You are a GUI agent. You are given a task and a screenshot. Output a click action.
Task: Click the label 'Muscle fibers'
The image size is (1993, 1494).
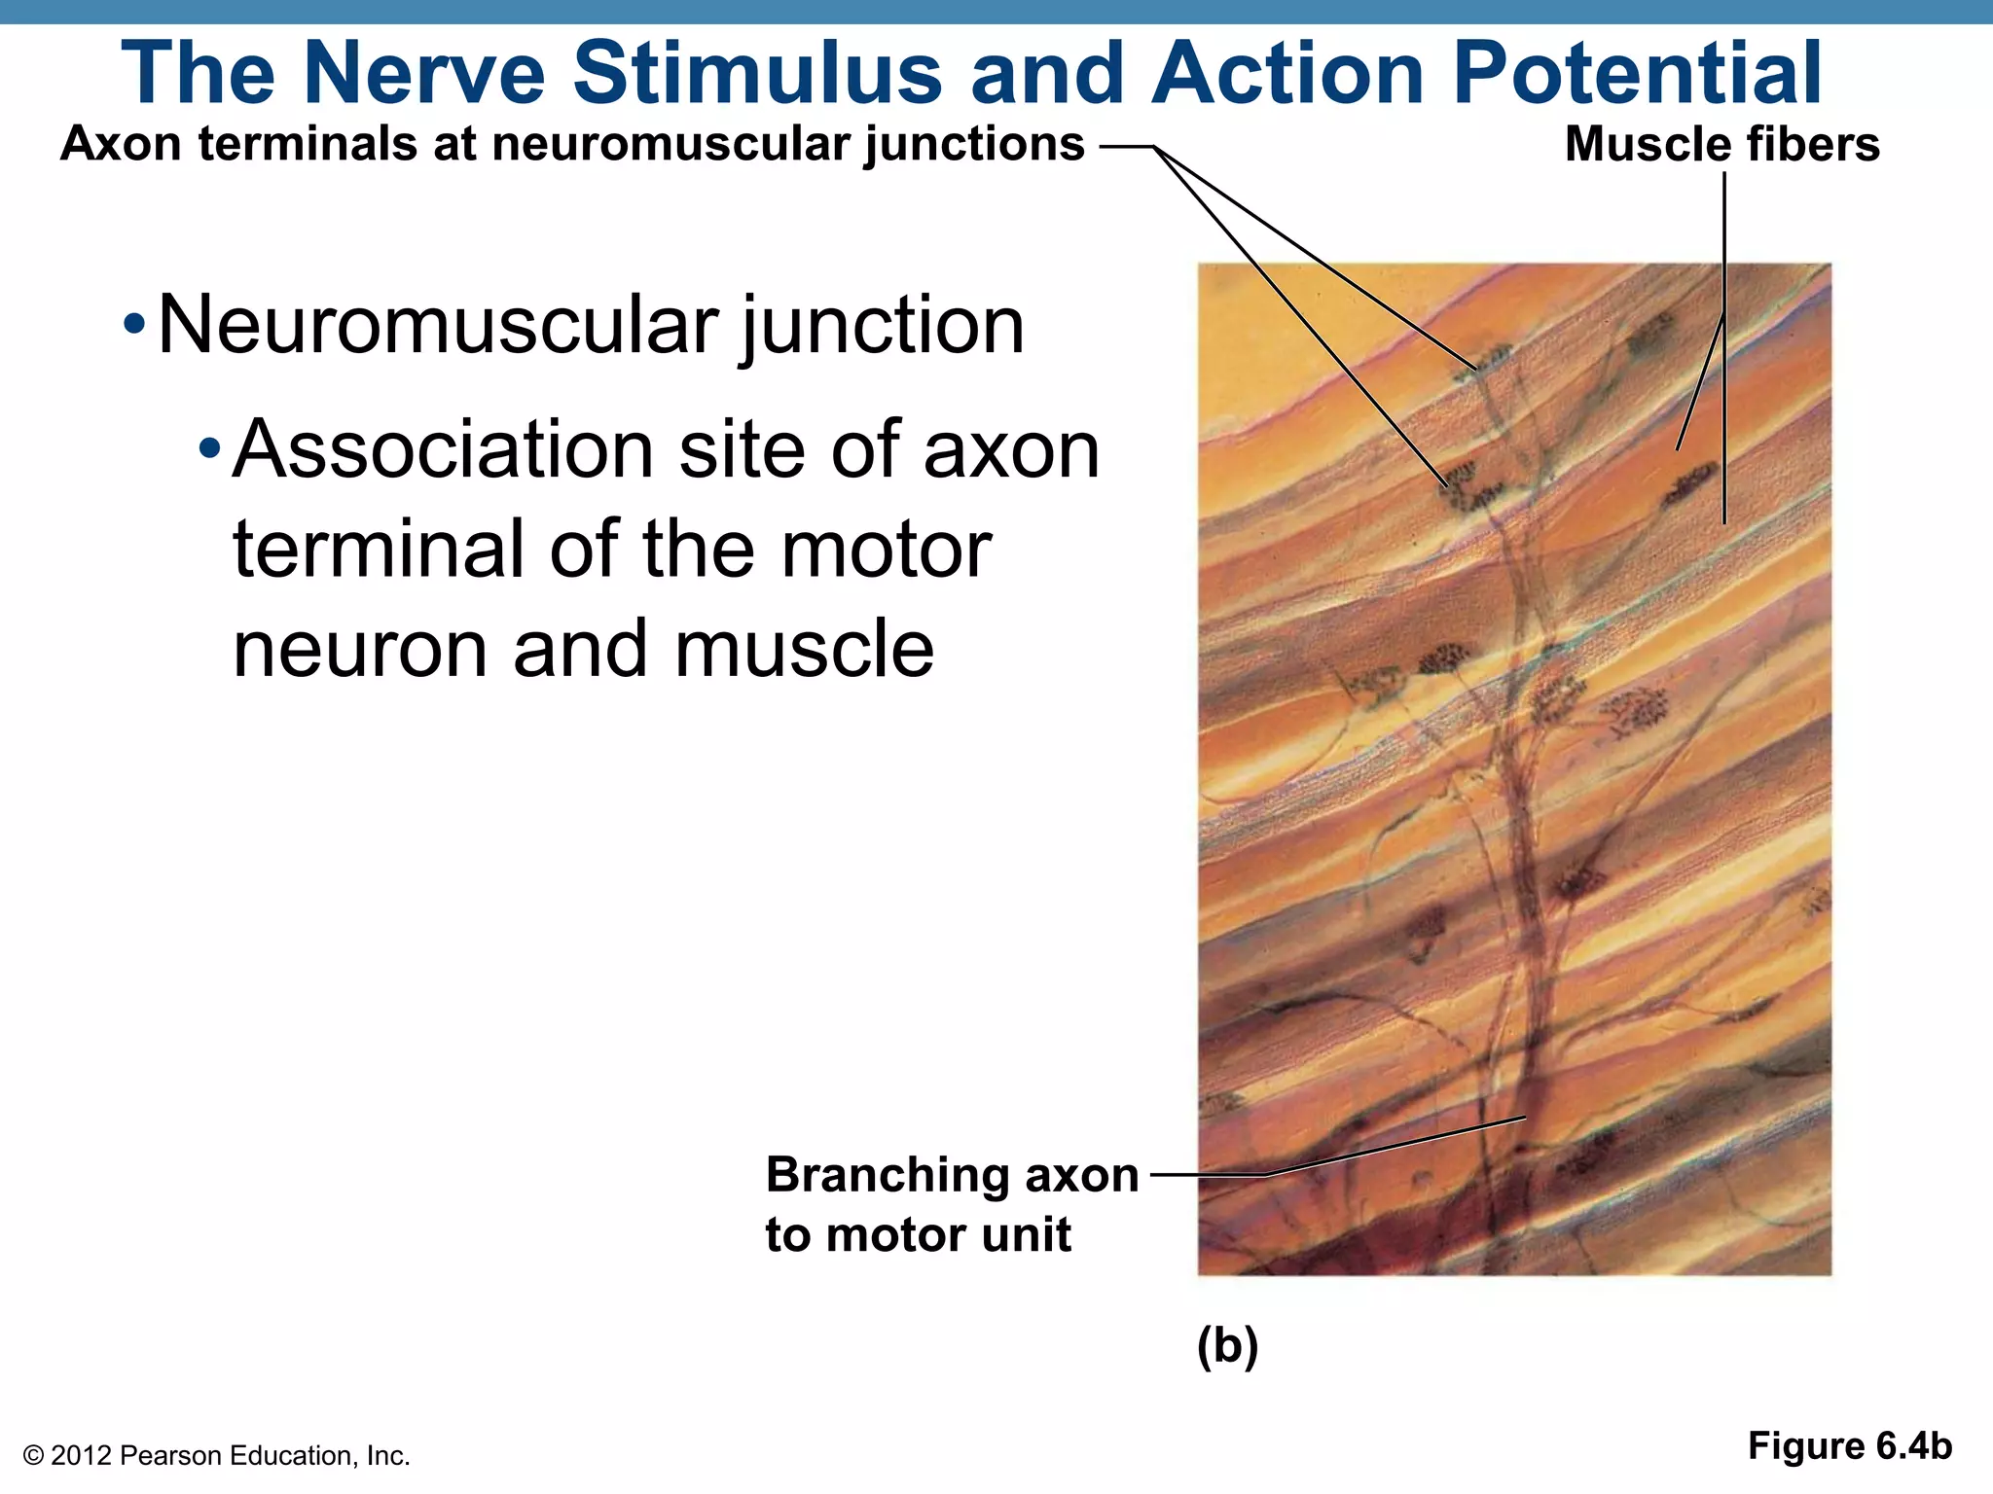(x=1721, y=144)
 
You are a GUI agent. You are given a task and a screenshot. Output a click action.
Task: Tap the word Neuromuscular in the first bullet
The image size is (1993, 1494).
(x=438, y=325)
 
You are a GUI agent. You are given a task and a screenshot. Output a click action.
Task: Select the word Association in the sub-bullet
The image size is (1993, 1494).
(x=443, y=449)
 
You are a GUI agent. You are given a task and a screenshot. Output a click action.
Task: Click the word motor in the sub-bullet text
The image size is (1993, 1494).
(x=887, y=550)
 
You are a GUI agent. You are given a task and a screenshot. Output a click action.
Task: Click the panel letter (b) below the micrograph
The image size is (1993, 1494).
(x=1227, y=1347)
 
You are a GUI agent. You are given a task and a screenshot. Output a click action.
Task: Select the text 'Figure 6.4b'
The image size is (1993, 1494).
(x=1849, y=1446)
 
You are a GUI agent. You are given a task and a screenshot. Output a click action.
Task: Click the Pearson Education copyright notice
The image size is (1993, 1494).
(x=216, y=1456)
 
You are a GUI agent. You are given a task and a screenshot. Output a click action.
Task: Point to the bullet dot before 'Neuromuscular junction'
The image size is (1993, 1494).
(x=135, y=325)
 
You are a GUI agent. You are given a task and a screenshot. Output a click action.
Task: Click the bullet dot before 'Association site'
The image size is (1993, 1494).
(x=209, y=449)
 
